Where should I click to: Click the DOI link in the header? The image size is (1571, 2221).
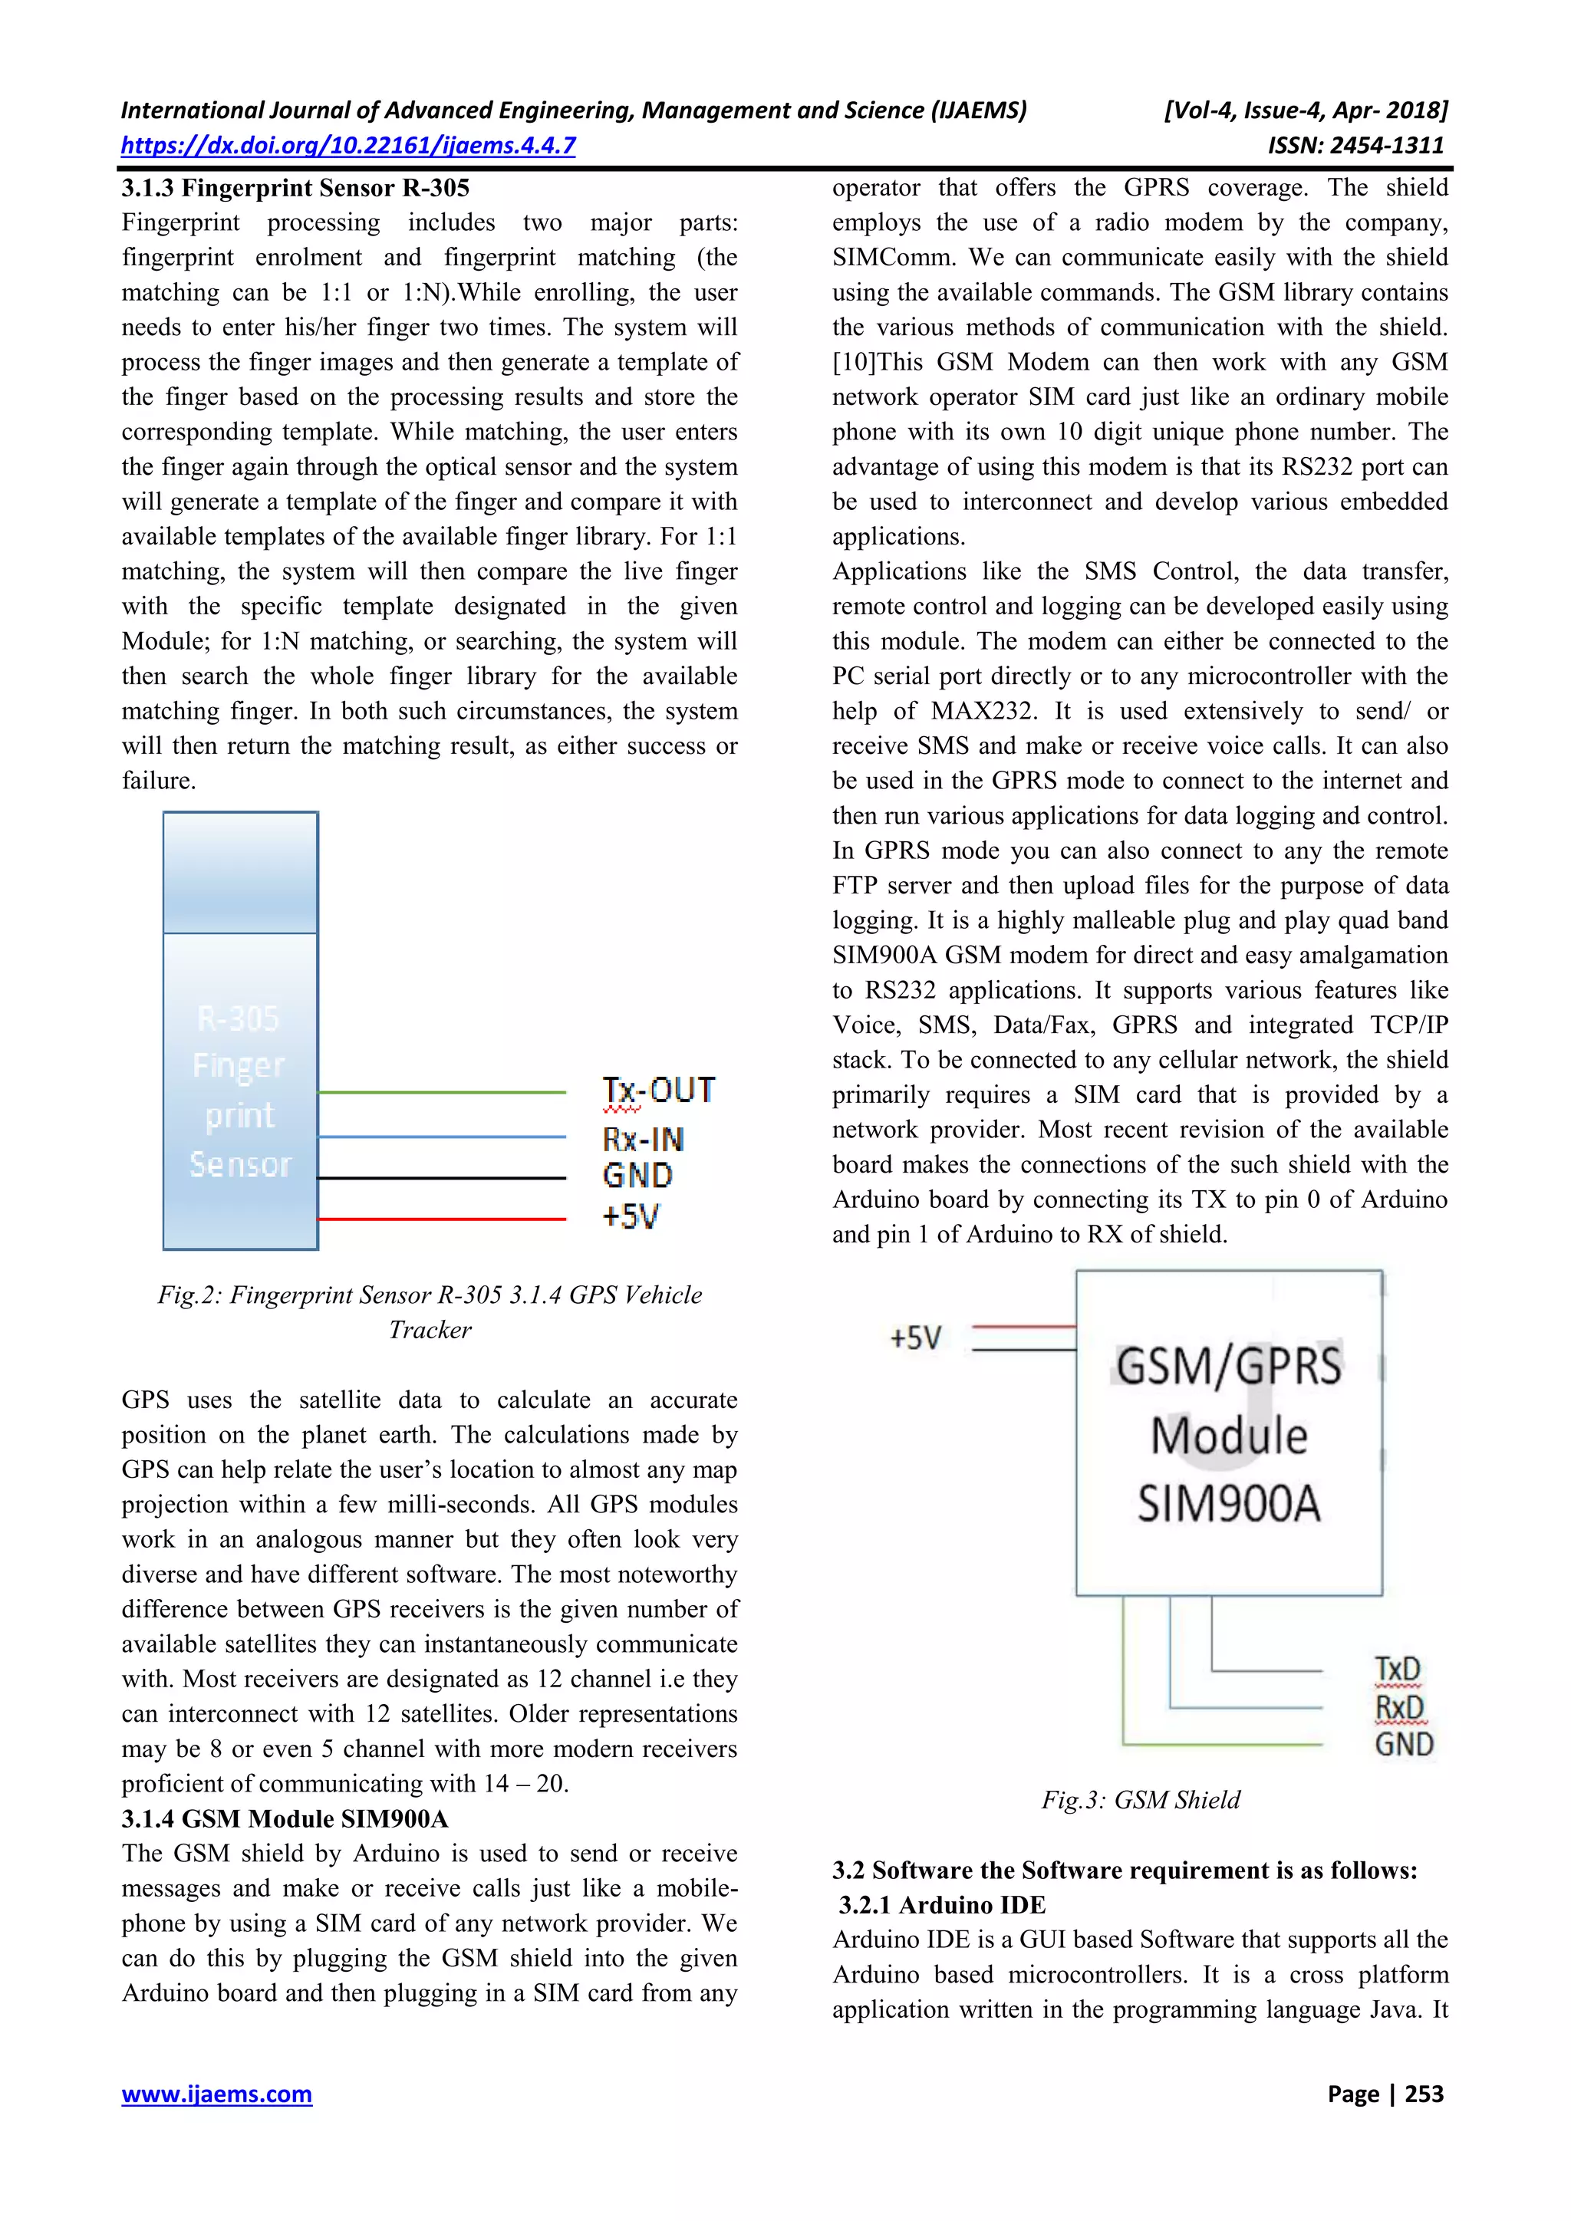tap(348, 146)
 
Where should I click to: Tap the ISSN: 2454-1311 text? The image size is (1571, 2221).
tap(1355, 146)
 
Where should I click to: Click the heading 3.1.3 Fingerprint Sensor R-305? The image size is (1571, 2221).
tap(295, 188)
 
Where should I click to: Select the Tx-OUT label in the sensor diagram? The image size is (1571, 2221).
tap(659, 1091)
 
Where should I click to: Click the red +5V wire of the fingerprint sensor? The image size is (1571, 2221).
tap(441, 1219)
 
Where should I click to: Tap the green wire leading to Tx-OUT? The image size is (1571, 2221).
tap(441, 1092)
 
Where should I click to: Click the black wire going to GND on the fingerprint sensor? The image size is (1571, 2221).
tap(441, 1178)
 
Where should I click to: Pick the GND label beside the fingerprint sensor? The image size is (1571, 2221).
tap(637, 1176)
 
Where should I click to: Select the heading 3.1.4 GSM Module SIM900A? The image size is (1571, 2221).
tap(285, 1818)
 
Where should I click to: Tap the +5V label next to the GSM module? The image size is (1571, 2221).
tap(915, 1339)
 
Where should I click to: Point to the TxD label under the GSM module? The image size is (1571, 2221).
tap(1398, 1670)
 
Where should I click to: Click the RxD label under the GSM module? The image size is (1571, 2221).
tap(1399, 1707)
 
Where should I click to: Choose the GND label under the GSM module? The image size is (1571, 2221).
tap(1404, 1744)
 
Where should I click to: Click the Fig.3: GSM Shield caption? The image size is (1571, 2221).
tap(1141, 1799)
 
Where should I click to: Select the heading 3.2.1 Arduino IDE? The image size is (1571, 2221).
tap(942, 1905)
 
